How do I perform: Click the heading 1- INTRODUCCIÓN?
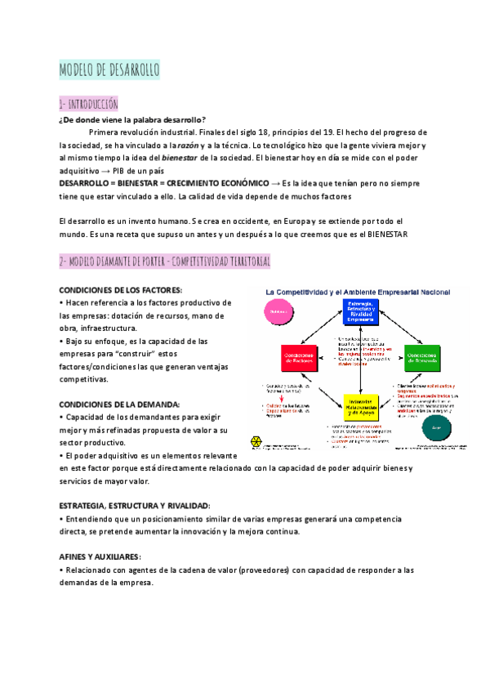coord(89,104)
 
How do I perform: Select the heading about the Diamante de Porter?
coord(164,261)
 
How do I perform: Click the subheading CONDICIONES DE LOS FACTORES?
coord(121,290)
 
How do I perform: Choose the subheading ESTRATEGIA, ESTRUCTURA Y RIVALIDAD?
coord(135,506)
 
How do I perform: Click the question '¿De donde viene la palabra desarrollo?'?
coord(132,119)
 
